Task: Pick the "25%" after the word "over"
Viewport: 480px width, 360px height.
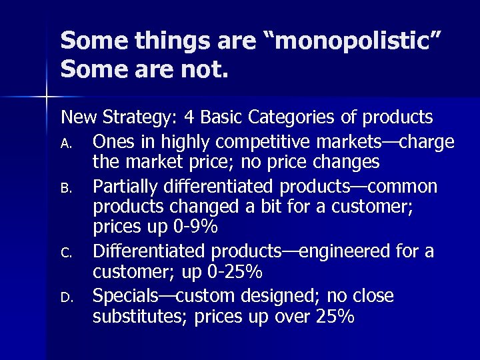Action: pos(331,317)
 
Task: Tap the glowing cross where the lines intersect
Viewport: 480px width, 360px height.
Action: pos(47,97)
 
